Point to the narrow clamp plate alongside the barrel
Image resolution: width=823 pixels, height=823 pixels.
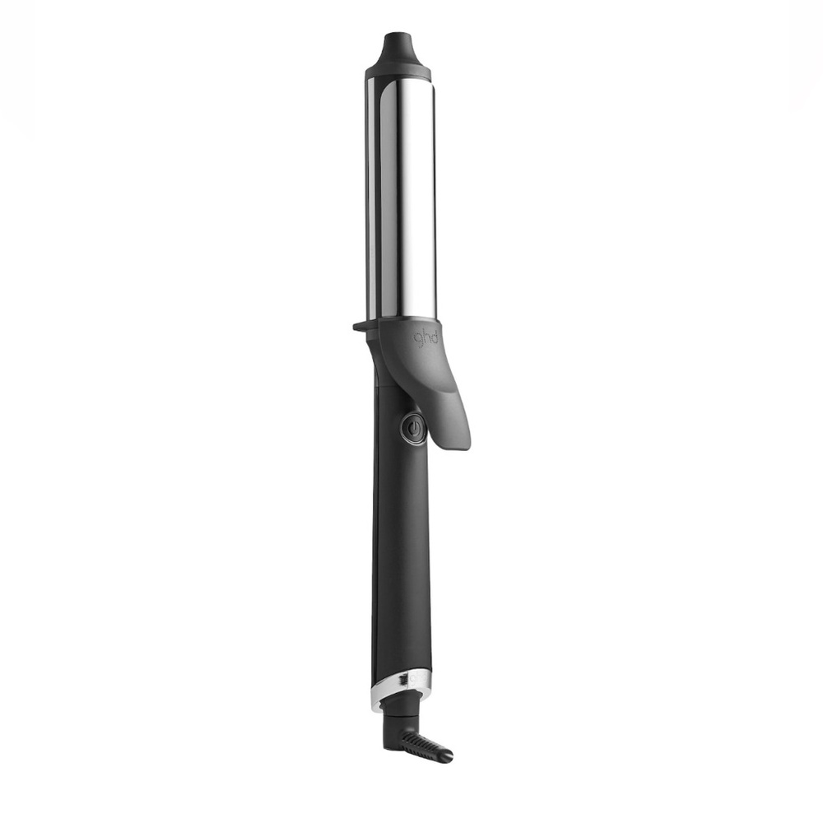click(372, 198)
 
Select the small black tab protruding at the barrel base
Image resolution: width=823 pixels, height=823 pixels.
click(360, 326)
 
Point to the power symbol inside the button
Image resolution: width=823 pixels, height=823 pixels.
click(413, 429)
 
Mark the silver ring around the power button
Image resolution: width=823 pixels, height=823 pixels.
click(403, 429)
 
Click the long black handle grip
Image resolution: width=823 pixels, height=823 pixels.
click(402, 560)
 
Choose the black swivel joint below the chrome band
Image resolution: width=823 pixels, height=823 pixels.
click(402, 706)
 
